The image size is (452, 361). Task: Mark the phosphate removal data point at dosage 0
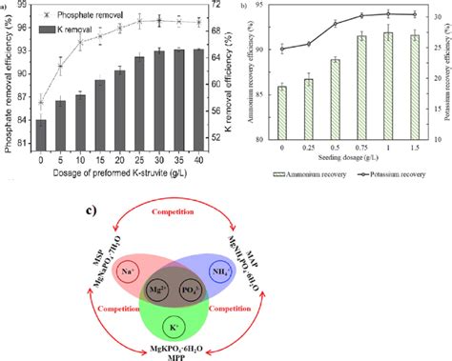41,102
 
